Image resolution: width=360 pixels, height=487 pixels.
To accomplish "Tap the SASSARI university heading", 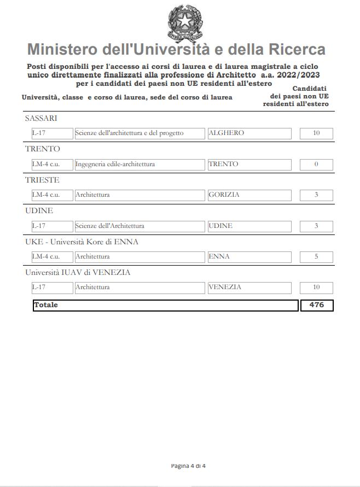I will coord(41,119).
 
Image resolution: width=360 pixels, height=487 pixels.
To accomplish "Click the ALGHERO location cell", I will coord(249,133).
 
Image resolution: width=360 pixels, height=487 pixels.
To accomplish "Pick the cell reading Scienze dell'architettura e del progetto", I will coord(140,133).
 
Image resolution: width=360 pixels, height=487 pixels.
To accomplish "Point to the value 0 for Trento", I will coord(316,165).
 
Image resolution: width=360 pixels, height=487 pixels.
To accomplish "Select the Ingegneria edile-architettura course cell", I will coord(140,165).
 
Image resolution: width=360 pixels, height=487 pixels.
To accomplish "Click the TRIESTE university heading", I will coord(42,180).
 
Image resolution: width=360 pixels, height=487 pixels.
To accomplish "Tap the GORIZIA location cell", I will coord(249,195).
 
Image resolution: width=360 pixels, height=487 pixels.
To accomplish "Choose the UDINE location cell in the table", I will coord(249,226).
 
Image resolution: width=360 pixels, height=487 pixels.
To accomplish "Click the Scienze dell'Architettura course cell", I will coord(140,226).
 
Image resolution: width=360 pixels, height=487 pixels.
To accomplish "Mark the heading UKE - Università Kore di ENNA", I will coord(82,242).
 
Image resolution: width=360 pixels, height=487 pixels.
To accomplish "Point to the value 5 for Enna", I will coord(316,257).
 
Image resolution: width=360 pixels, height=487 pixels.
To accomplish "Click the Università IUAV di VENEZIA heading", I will coord(78,272).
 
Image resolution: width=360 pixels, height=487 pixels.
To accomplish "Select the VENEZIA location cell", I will coord(249,287).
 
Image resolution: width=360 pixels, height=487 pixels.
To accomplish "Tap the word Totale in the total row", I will coord(46,305).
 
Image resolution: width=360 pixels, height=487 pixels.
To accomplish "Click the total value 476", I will coord(317,305).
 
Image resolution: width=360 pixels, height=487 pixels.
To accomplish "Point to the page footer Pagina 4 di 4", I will coord(188,466).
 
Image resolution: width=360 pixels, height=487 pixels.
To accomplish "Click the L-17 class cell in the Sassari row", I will coord(52,133).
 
